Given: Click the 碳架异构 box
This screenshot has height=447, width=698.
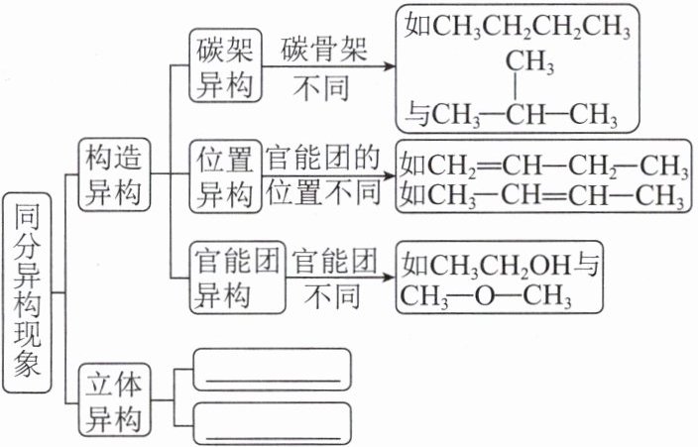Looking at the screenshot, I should pyautogui.click(x=227, y=67).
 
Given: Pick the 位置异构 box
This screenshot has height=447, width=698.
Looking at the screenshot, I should pyautogui.click(x=227, y=175).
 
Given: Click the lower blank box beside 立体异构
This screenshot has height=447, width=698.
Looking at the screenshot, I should pyautogui.click(x=274, y=423).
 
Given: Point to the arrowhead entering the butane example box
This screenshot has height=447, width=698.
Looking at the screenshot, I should pyautogui.click(x=389, y=66).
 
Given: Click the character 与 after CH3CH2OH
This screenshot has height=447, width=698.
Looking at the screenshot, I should pyautogui.click(x=588, y=265).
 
